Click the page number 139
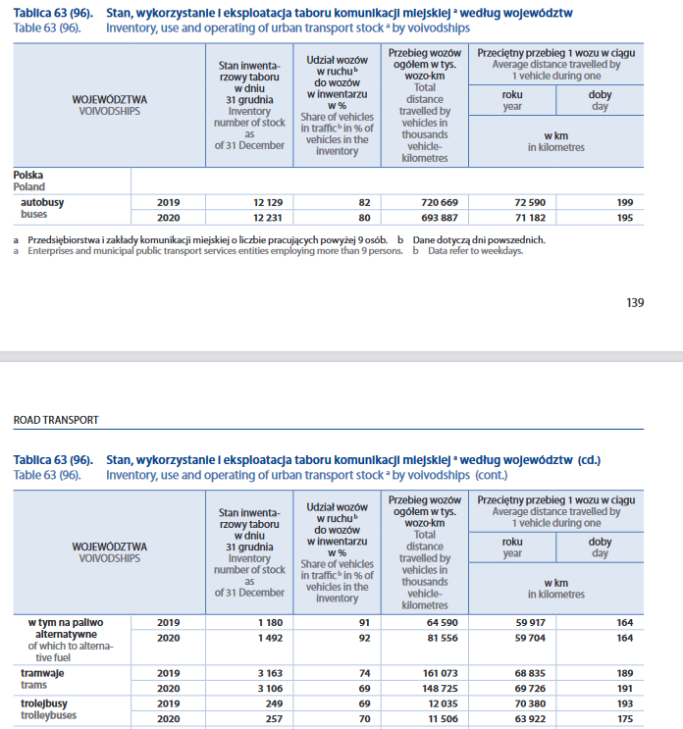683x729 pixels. point(635,302)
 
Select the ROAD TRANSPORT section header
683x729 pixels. point(56,419)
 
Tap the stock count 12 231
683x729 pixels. point(266,217)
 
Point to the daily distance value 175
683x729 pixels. point(625,719)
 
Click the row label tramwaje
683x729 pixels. point(44,674)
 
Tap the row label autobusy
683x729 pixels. point(44,201)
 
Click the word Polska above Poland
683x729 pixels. point(27,174)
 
